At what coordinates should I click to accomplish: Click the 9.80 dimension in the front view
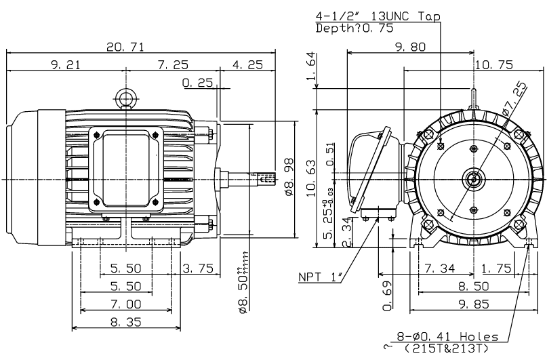411,47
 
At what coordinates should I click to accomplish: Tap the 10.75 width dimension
493,64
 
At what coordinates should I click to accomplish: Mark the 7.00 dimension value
127,305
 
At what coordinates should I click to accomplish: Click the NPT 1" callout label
320,277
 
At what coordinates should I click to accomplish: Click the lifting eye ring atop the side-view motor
126,99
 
